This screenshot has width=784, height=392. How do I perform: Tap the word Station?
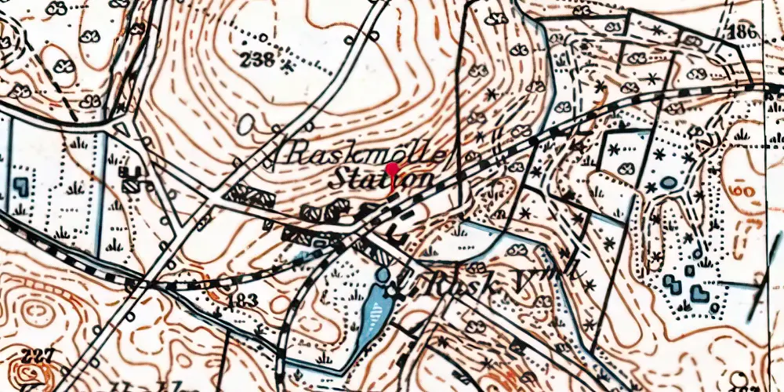[x=379, y=179]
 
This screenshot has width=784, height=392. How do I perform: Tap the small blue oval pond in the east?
[x=668, y=183]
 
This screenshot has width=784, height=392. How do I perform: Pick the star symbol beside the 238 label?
[x=289, y=67]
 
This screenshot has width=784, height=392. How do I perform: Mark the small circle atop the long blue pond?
[x=383, y=276]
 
